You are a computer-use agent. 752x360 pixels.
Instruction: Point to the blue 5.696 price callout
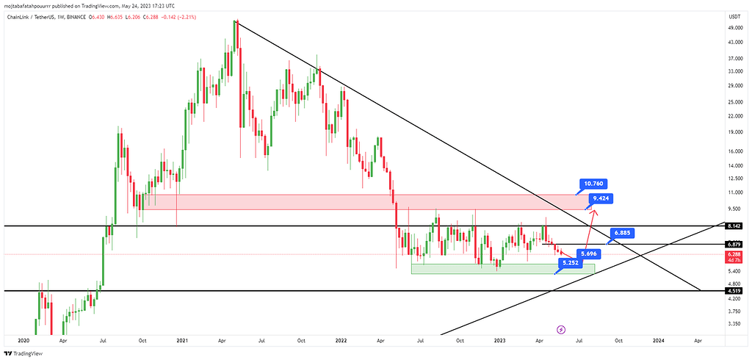(590, 253)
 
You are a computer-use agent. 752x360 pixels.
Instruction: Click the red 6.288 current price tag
(734, 254)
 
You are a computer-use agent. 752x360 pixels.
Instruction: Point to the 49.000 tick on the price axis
(734, 27)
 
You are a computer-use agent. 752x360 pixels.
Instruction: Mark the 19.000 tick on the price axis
(734, 132)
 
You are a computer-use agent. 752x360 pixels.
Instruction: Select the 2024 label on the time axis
(659, 341)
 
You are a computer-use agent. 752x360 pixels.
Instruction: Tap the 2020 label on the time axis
(23, 341)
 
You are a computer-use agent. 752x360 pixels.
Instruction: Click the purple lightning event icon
(562, 330)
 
